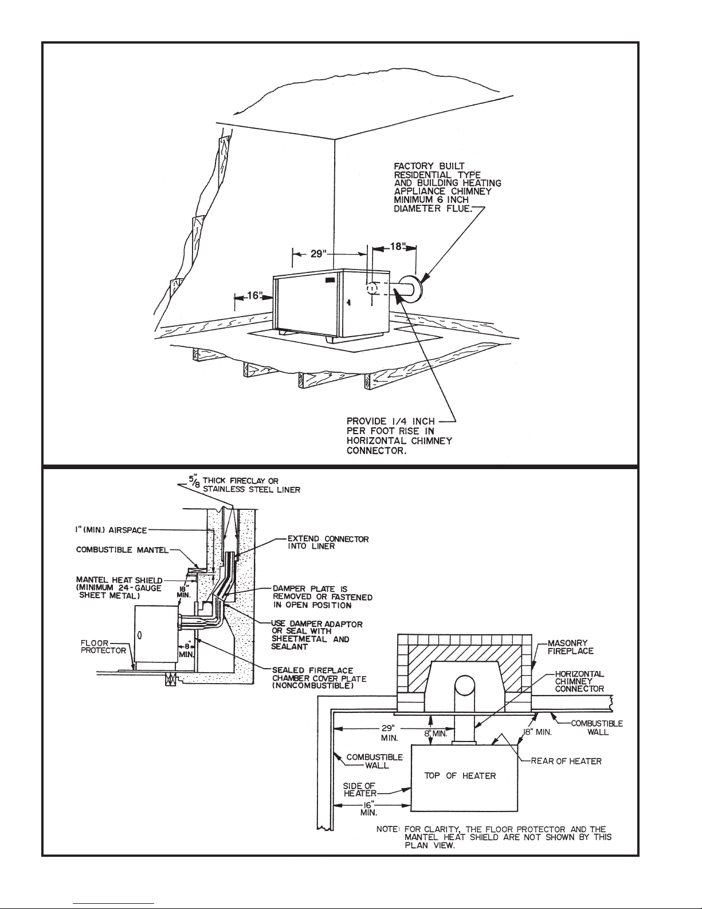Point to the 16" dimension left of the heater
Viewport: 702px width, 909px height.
click(252, 296)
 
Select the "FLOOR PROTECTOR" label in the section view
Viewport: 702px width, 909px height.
click(103, 647)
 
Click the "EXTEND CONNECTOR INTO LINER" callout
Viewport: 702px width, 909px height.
click(328, 543)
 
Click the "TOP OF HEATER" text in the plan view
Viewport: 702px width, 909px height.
click(460, 775)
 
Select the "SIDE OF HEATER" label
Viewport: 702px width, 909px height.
click(359, 789)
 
